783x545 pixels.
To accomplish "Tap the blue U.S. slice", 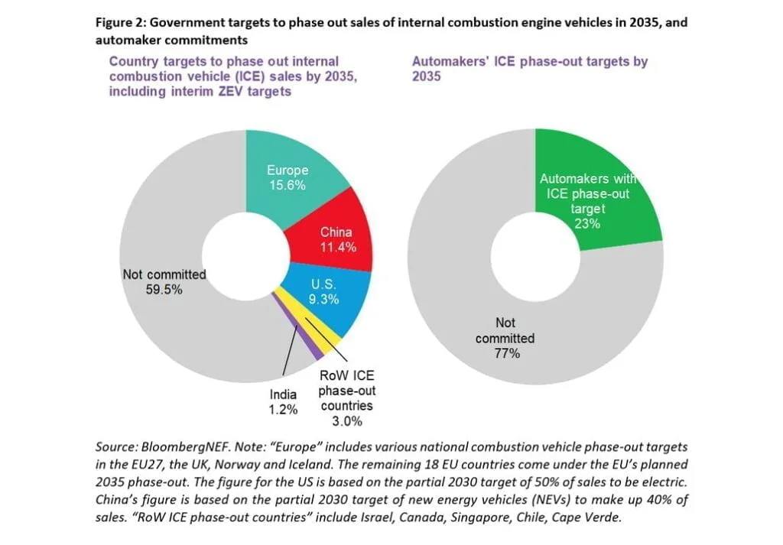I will [336, 306].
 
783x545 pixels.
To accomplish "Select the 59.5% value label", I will [164, 290].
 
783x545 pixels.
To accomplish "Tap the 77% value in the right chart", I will [506, 353].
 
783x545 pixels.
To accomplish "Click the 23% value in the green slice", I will [588, 224].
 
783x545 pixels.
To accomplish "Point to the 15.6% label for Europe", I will [288, 186].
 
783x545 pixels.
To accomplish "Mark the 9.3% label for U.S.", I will [323, 300].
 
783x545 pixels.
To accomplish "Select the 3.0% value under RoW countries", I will [346, 421].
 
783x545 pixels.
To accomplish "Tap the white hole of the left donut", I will [245, 256].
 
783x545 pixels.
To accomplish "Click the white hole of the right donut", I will [534, 256].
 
